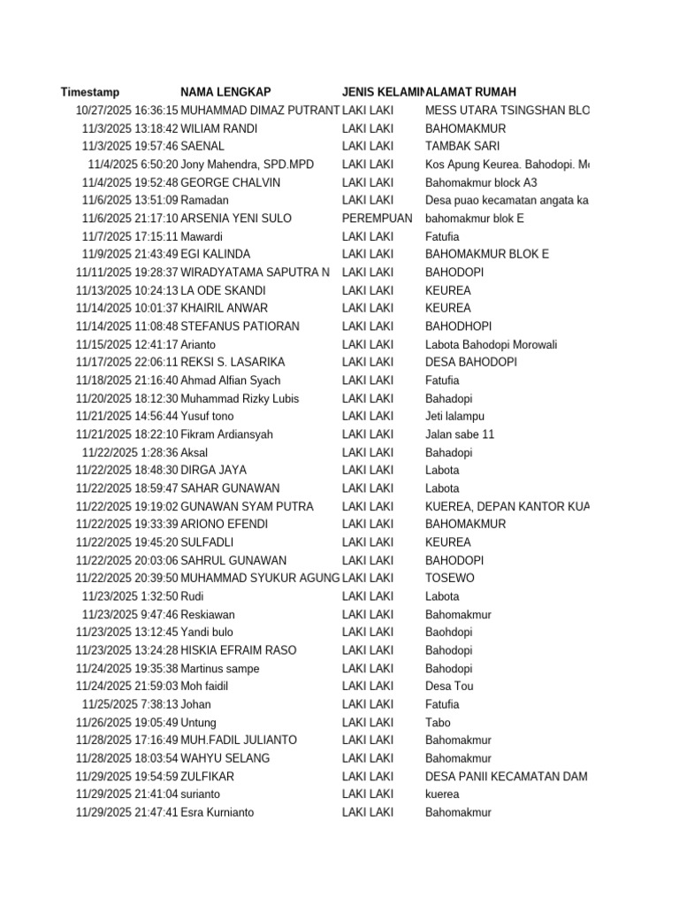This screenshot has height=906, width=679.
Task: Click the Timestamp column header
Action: [90, 92]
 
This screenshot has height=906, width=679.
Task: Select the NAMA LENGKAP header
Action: [225, 92]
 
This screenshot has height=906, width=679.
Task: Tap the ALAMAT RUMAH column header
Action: [471, 92]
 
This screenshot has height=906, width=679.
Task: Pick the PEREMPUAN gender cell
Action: [377, 219]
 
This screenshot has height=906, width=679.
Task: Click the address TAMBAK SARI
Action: [462, 146]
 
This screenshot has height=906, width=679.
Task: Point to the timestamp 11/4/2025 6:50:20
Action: [133, 165]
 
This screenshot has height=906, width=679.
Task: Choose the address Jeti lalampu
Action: [454, 416]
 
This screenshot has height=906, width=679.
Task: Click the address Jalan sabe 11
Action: [460, 434]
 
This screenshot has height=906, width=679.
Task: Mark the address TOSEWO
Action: [449, 578]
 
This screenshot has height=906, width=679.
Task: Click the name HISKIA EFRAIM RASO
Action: [239, 650]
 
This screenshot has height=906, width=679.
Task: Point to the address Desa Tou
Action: [450, 686]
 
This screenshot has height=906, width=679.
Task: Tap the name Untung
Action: [198, 722]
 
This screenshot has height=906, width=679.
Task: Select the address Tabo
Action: [438, 722]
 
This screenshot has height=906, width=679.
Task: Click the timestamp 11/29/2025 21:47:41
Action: [127, 812]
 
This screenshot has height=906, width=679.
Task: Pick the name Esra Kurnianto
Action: [217, 812]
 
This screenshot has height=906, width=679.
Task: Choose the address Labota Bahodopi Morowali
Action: [491, 344]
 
